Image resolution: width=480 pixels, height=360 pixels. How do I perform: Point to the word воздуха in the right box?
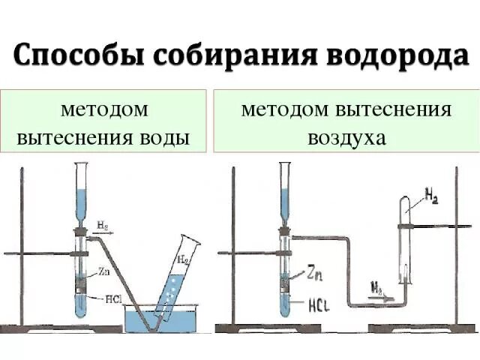click(x=346, y=139)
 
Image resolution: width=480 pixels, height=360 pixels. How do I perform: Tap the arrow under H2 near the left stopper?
click(x=103, y=232)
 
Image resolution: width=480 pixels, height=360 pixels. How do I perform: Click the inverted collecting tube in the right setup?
click(x=405, y=240)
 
